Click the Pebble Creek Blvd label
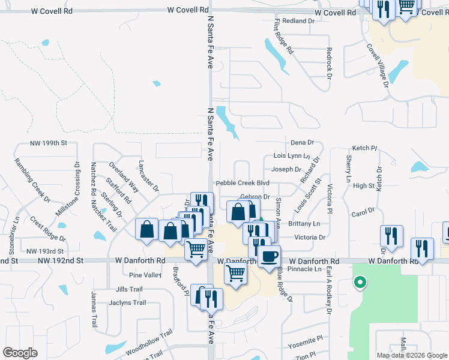[243, 183]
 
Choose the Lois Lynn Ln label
[291, 156]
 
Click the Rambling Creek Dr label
[31, 179]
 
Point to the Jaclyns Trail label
[127, 302]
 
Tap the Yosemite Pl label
[309, 341]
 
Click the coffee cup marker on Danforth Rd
[269, 257]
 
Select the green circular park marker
[360, 282]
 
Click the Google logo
[20, 353]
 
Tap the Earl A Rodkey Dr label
[329, 290]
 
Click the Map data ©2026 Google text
[411, 355]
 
